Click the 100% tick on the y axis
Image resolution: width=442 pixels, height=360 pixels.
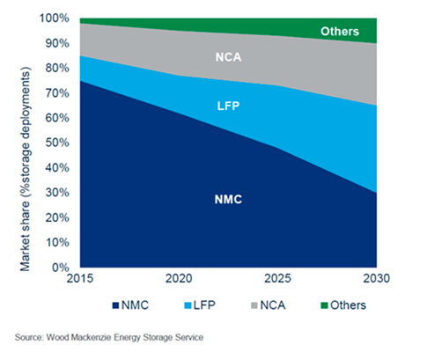(x=55, y=18)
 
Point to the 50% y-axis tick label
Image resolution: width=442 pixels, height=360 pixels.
(x=57, y=143)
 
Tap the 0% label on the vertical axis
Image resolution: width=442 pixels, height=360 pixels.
(x=61, y=268)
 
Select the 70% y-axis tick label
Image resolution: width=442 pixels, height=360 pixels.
(x=57, y=93)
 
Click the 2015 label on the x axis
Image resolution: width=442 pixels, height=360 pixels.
(x=80, y=278)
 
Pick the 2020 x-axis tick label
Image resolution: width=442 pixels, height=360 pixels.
(x=179, y=278)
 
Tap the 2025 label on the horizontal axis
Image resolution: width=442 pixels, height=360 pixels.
(x=277, y=278)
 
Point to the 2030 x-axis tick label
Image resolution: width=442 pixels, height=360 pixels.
(x=377, y=278)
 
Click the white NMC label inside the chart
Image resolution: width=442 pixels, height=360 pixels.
(x=228, y=200)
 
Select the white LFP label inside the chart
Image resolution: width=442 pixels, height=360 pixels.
(x=228, y=106)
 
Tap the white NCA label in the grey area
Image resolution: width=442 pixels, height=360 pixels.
(x=228, y=57)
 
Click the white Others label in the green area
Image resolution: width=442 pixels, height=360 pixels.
(x=340, y=32)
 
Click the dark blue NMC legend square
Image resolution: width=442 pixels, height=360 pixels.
(x=115, y=305)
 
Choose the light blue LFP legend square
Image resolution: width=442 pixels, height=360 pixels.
(x=188, y=305)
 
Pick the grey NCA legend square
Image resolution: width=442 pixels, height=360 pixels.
(x=254, y=305)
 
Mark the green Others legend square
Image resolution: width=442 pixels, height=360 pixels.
(x=324, y=305)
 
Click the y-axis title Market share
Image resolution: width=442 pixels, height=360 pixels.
(x=25, y=236)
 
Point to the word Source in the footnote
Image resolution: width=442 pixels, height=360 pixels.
(x=29, y=338)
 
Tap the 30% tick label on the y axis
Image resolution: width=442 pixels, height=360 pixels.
(x=57, y=193)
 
